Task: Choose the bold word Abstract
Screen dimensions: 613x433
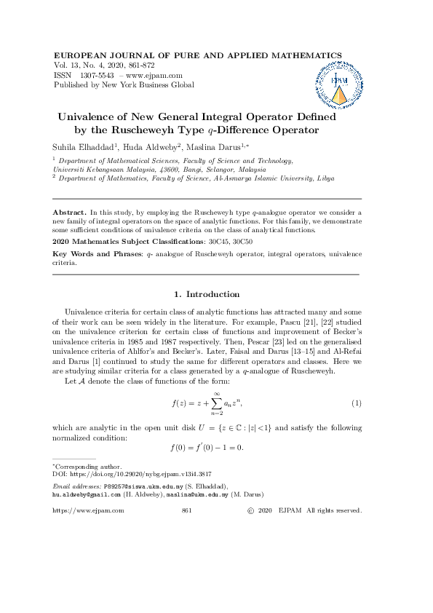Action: click(x=69, y=211)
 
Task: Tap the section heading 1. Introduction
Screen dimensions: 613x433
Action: click(x=207, y=294)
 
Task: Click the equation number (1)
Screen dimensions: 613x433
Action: click(x=357, y=403)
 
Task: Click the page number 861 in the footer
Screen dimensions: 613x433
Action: click(x=186, y=511)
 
